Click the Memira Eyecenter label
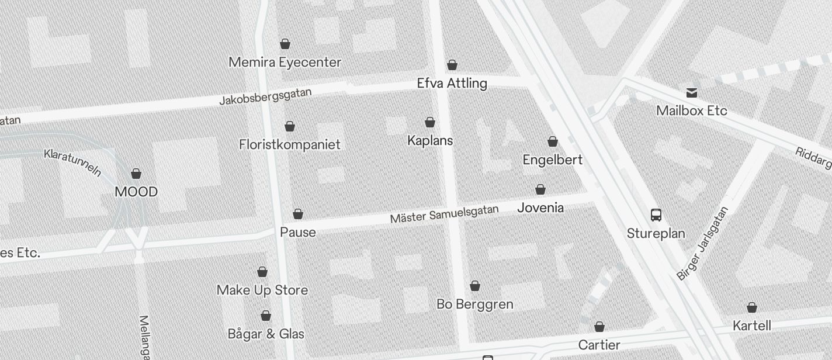click(285, 62)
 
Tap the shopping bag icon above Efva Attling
click(452, 65)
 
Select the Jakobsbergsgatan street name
click(265, 96)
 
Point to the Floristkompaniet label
click(290, 144)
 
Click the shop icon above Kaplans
click(430, 122)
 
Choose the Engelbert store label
click(553, 160)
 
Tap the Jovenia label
click(541, 207)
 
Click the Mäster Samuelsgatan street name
click(445, 214)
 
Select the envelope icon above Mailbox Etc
click(692, 92)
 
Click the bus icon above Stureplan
click(656, 215)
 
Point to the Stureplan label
click(656, 233)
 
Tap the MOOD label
click(136, 192)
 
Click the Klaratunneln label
click(73, 162)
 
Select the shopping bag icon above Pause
click(298, 214)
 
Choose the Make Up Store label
click(262, 290)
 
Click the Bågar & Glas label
click(266, 334)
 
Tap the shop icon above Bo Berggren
click(475, 286)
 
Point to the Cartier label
click(599, 345)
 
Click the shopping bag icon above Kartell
click(752, 307)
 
